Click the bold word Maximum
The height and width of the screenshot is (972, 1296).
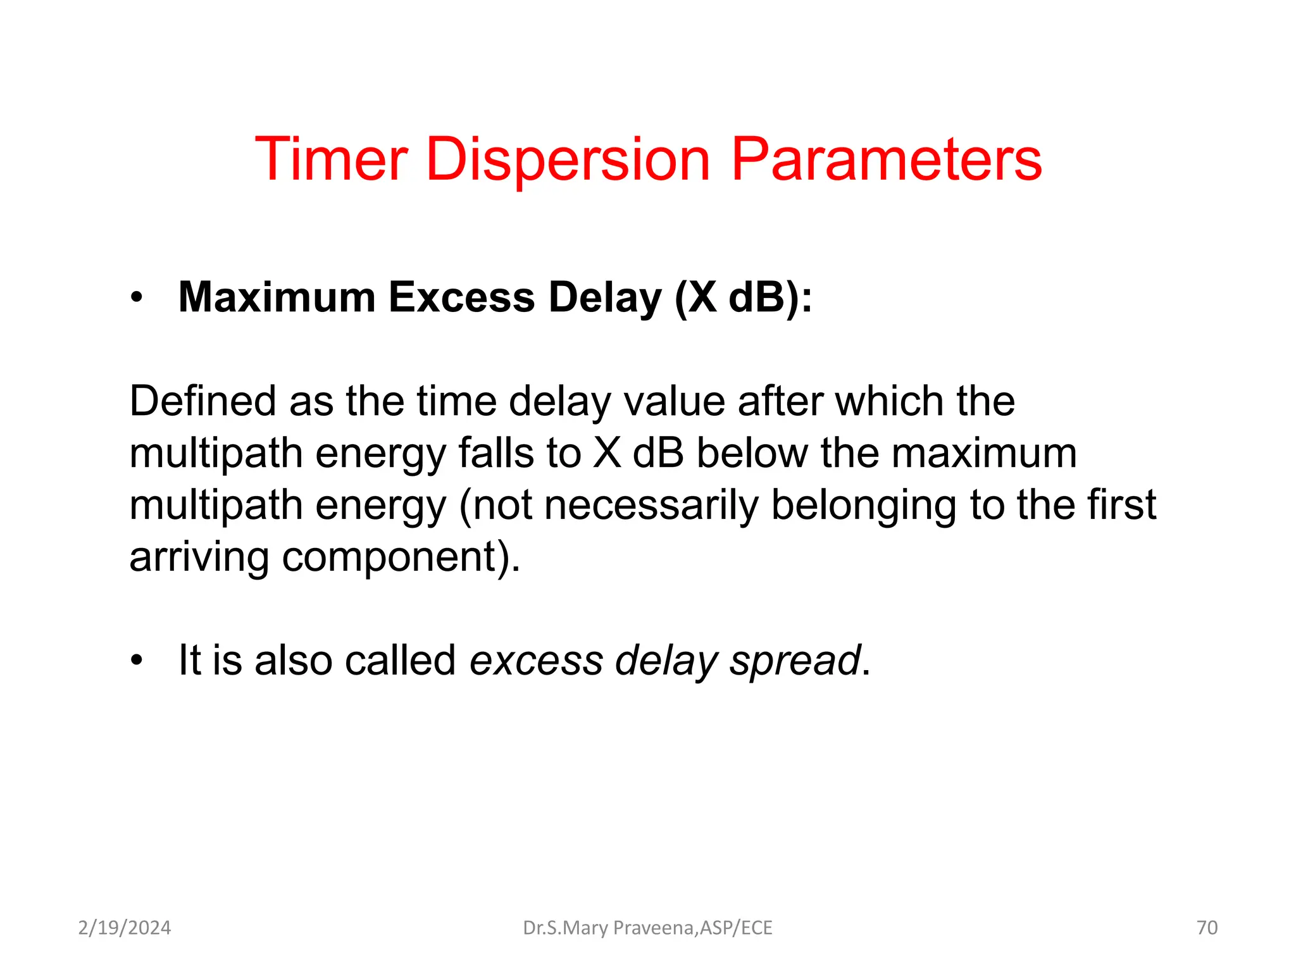(x=277, y=297)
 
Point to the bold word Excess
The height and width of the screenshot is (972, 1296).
(x=461, y=297)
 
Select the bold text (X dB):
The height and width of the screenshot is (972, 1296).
(x=743, y=297)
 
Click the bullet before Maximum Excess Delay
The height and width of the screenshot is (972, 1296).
(x=137, y=298)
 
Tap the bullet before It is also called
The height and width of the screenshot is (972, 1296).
(x=137, y=661)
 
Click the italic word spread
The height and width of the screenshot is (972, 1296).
(x=795, y=661)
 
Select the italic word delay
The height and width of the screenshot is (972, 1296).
(x=666, y=661)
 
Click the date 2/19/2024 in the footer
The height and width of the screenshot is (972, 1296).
(x=125, y=928)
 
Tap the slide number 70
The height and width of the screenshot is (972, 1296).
(x=1207, y=928)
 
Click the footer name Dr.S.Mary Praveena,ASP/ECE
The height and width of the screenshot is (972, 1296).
(x=647, y=928)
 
